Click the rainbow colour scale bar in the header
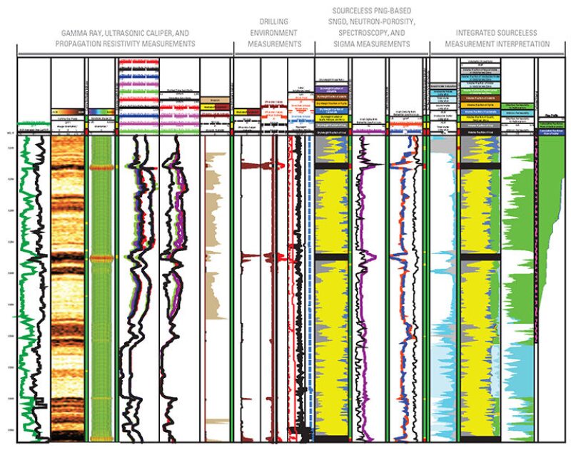(99, 111)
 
